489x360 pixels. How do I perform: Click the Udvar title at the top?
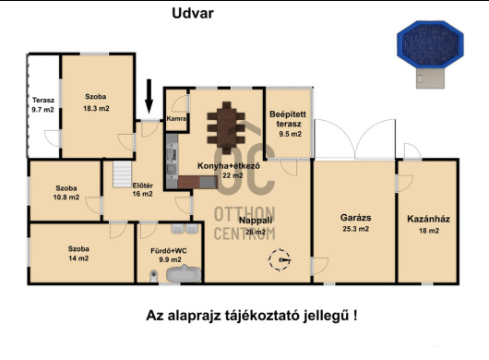[x=193, y=13]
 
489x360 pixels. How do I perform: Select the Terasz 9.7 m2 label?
[x=42, y=103]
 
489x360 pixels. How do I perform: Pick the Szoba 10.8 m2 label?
[x=66, y=192]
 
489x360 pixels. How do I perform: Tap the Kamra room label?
[x=177, y=118]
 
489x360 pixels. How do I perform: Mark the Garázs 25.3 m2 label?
[x=354, y=223]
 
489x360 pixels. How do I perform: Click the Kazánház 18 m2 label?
[x=428, y=223]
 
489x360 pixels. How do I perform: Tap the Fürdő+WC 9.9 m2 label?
[x=170, y=255]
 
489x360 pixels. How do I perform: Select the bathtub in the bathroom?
[x=173, y=273]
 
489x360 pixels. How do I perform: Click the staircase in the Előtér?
[x=120, y=174]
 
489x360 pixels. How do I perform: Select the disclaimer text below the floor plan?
[x=252, y=316]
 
